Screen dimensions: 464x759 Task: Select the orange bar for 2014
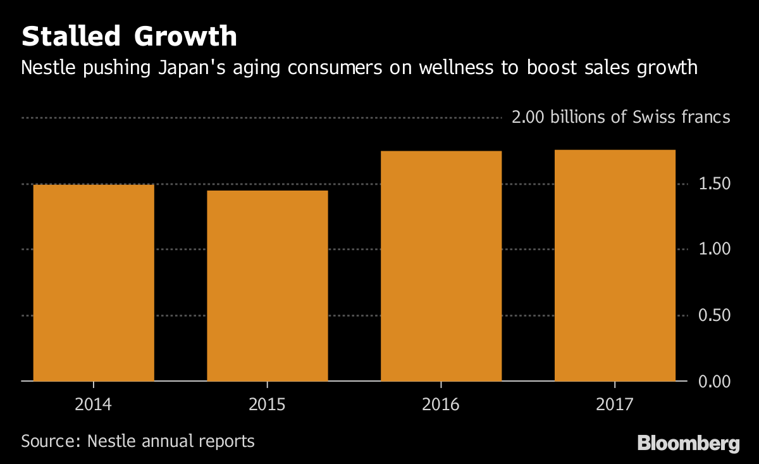point(94,282)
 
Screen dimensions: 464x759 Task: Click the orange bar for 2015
point(267,285)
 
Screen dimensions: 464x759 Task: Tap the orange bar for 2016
point(441,266)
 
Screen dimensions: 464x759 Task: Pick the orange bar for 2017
point(615,265)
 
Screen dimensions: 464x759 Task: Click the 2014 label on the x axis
point(93,404)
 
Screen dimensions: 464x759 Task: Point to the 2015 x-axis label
point(267,404)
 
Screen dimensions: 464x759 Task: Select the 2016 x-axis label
point(441,404)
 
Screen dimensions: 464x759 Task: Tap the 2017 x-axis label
point(615,404)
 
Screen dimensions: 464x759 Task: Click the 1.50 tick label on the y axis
point(713,184)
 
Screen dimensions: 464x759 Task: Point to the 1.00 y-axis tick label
point(713,249)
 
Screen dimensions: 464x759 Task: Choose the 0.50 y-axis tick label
point(713,315)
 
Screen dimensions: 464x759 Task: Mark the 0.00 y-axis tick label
point(713,380)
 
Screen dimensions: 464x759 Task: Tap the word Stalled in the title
point(70,37)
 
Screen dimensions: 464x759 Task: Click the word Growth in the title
point(185,37)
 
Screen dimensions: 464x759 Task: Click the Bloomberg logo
point(688,442)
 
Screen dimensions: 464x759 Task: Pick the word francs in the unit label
point(706,117)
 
